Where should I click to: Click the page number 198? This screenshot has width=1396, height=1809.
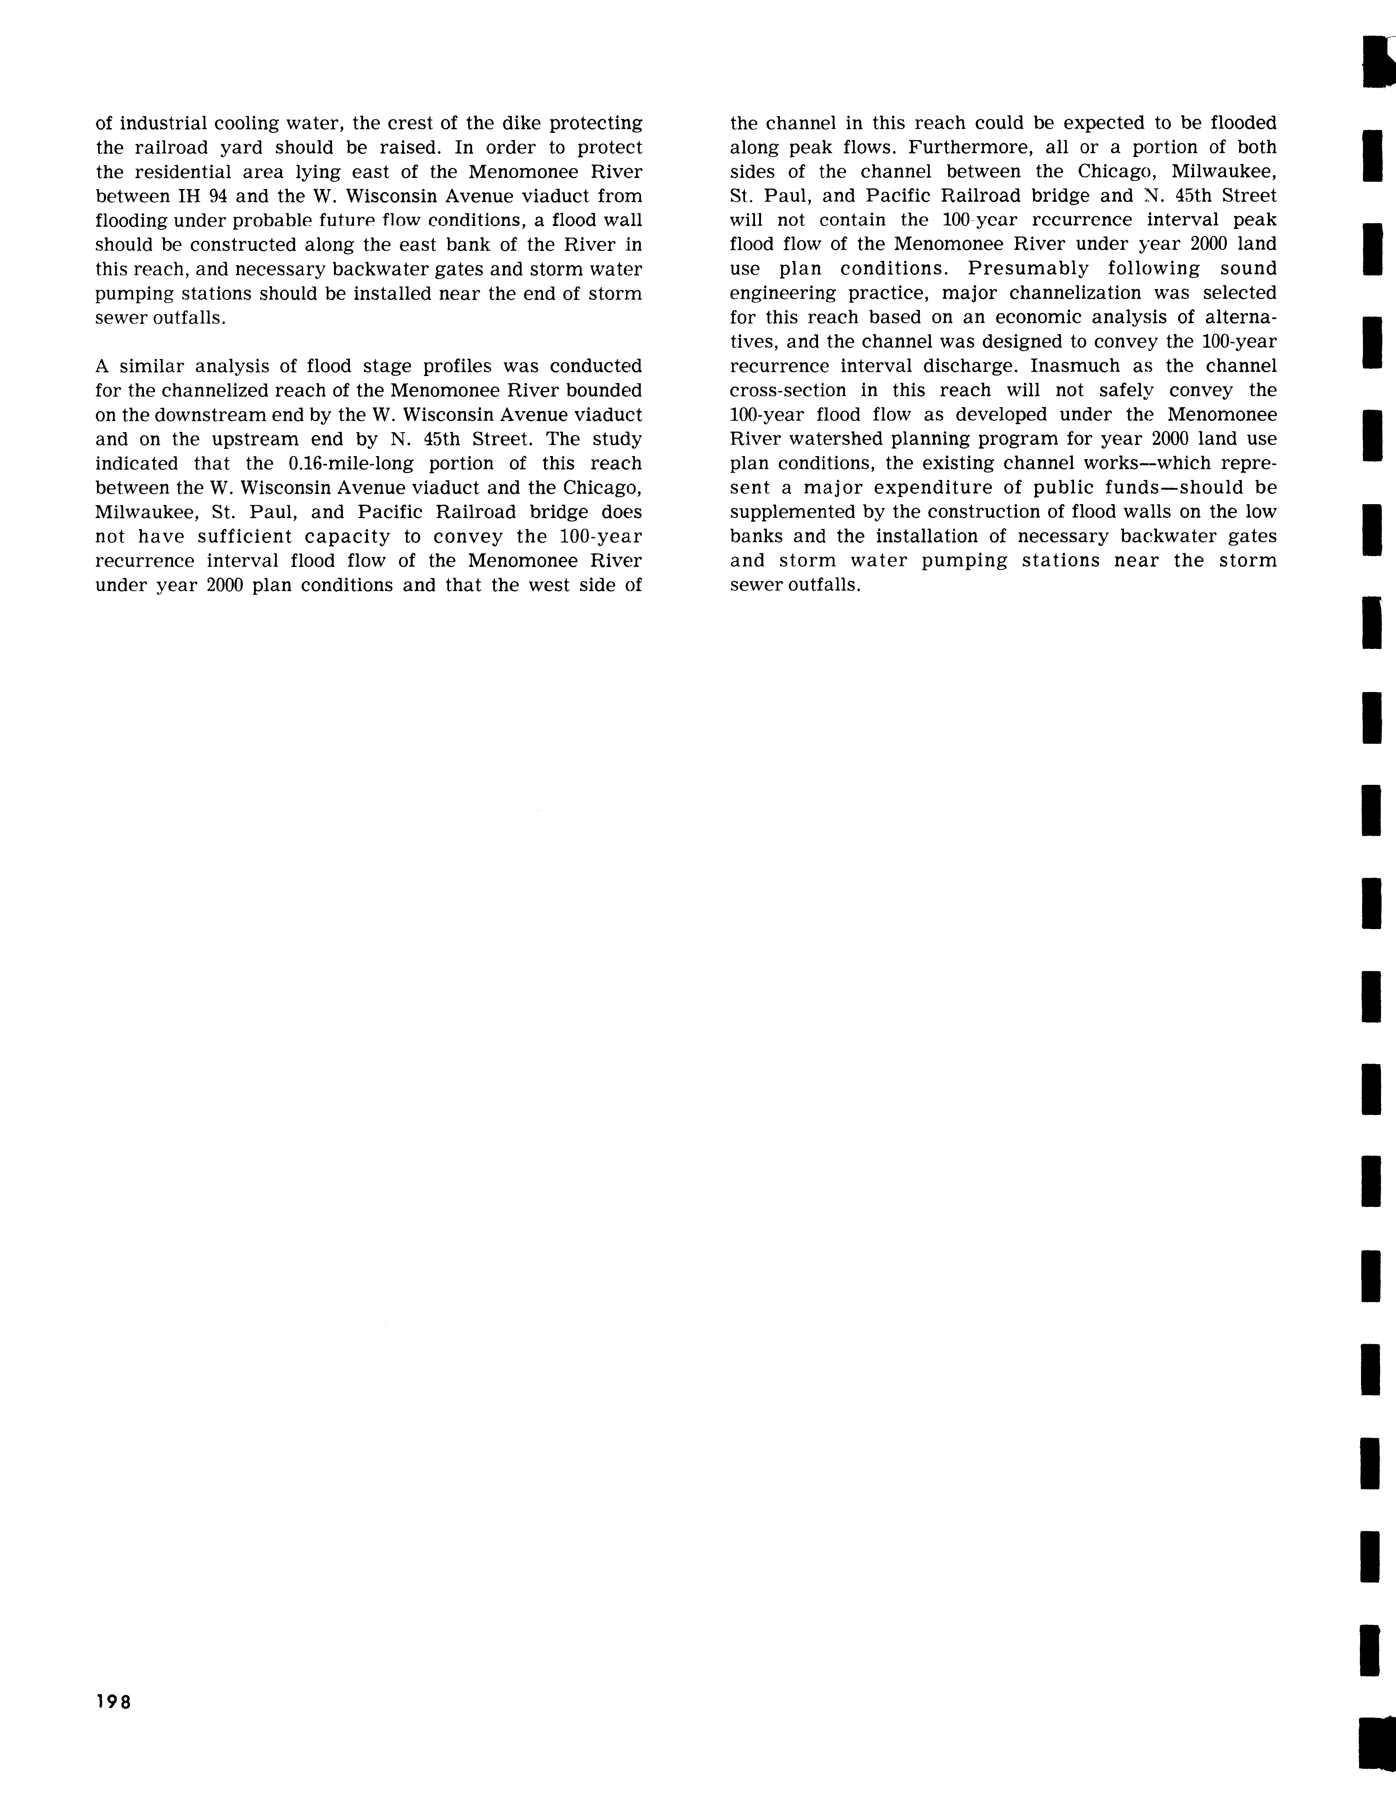click(x=113, y=1702)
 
